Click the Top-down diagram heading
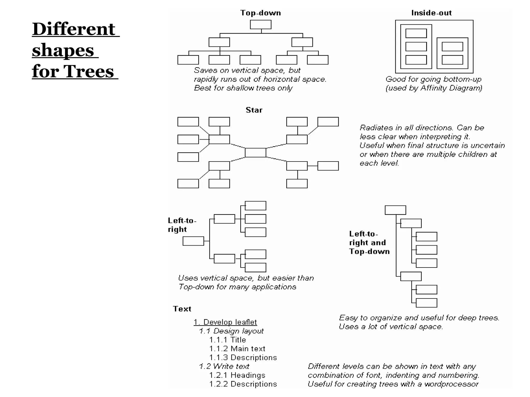click(x=260, y=13)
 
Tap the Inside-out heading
click(x=431, y=13)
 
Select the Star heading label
click(x=254, y=110)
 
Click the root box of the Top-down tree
click(x=261, y=25)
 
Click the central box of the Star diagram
click(x=255, y=153)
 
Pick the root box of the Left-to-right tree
click(x=193, y=241)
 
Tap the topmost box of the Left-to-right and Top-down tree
click(x=395, y=210)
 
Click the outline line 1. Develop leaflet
click(x=225, y=322)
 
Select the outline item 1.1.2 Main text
click(x=237, y=349)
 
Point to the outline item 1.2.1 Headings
click(x=237, y=375)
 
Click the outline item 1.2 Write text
click(x=224, y=367)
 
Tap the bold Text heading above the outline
click(x=182, y=309)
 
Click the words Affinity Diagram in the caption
click(x=451, y=88)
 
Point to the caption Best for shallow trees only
click(x=243, y=88)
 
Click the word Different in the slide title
click(x=73, y=29)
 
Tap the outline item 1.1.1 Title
click(x=227, y=340)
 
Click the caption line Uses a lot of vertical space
click(x=391, y=327)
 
